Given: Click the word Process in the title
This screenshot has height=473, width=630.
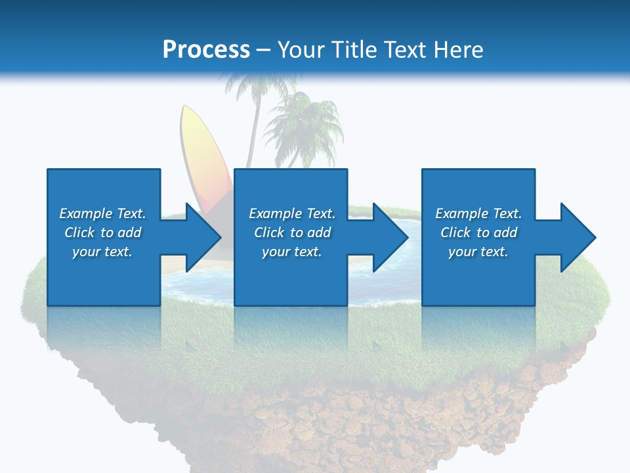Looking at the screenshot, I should [x=206, y=50].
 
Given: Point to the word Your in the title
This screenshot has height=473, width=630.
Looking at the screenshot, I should [x=301, y=50].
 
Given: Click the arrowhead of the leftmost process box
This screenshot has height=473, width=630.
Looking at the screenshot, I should [x=203, y=237].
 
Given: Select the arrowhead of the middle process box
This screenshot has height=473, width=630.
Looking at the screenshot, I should [x=390, y=237].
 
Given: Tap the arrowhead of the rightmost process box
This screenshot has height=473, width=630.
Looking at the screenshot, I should [x=577, y=237].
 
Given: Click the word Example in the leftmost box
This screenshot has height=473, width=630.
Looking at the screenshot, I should [x=86, y=214].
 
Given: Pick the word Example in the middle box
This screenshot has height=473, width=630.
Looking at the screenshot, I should [x=276, y=214].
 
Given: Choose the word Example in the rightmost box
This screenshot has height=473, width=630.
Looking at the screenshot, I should [x=462, y=214].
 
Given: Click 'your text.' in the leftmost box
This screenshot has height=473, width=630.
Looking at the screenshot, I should [x=102, y=252].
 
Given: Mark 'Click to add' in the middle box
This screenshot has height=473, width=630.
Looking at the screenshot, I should [x=292, y=233].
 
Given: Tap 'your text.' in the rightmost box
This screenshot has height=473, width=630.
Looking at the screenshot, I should [x=478, y=252].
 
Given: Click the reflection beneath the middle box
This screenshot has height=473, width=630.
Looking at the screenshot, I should [x=291, y=328].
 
